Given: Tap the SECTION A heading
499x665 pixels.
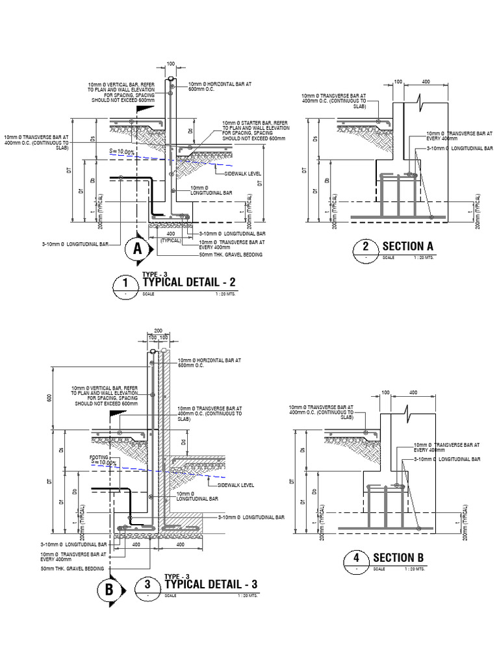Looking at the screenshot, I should (x=407, y=246).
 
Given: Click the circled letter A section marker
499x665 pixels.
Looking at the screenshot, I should (x=137, y=248).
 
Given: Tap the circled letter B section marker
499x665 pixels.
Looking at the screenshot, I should (x=109, y=590).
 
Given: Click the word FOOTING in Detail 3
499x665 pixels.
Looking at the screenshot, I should (x=99, y=457).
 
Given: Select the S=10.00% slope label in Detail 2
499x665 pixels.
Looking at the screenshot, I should (x=122, y=152).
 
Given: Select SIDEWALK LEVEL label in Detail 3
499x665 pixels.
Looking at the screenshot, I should (x=236, y=485).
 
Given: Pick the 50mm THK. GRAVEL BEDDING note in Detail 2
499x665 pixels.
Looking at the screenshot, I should (x=232, y=255).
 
